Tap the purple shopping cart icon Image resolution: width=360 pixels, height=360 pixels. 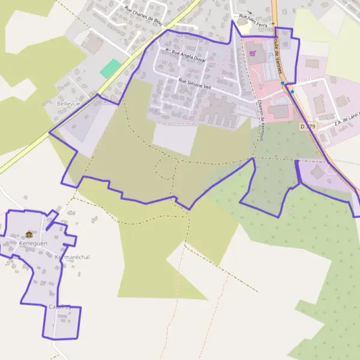[252, 53]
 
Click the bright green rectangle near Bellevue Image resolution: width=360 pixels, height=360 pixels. [110, 68]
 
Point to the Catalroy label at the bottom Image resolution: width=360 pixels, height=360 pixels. [60, 307]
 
